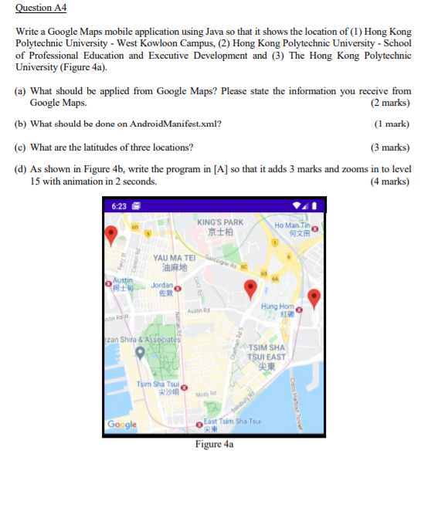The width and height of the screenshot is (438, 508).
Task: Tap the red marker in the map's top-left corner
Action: pos(111,234)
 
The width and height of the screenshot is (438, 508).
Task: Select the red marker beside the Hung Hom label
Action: pos(314,297)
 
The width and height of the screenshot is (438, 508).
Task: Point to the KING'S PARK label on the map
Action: pos(220,227)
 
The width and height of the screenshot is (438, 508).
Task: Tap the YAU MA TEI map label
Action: pos(174,263)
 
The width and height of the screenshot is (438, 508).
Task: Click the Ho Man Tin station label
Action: pos(294,229)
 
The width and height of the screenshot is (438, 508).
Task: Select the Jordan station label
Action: pos(161,289)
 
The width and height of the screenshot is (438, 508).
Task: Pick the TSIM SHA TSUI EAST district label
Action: pos(267,357)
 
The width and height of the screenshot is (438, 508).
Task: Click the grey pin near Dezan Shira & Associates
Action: pos(140,353)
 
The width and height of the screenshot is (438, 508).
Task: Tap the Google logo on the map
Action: pos(122,424)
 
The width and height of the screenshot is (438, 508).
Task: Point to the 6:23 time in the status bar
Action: pos(119,206)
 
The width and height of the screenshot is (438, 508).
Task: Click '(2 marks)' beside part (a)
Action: pos(390,102)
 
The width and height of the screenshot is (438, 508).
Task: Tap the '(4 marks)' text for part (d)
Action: pos(390,181)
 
